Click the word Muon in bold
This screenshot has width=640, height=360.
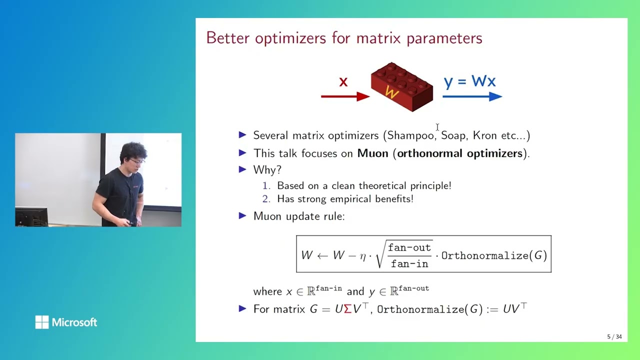(372, 153)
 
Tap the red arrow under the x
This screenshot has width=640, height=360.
(345, 96)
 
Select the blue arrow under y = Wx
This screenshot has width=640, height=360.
(472, 96)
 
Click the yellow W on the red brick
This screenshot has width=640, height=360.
(391, 92)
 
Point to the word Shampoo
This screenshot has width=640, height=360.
(410, 135)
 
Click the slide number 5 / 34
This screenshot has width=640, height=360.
(614, 336)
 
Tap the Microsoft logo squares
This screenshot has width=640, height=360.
(42, 322)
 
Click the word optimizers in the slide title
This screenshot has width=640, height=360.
(290, 38)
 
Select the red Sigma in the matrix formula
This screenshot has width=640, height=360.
(347, 309)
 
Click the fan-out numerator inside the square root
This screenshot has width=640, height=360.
(409, 247)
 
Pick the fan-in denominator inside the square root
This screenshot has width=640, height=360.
(409, 263)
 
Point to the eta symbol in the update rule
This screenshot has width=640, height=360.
(363, 256)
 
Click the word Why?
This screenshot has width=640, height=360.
(267, 170)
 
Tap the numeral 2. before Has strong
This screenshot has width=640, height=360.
(266, 199)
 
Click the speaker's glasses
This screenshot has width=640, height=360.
(137, 161)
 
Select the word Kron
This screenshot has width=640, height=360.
(484, 135)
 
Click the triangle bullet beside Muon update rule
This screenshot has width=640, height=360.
(242, 215)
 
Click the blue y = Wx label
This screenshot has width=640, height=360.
(469, 81)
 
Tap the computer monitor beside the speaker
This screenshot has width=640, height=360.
(31, 216)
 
